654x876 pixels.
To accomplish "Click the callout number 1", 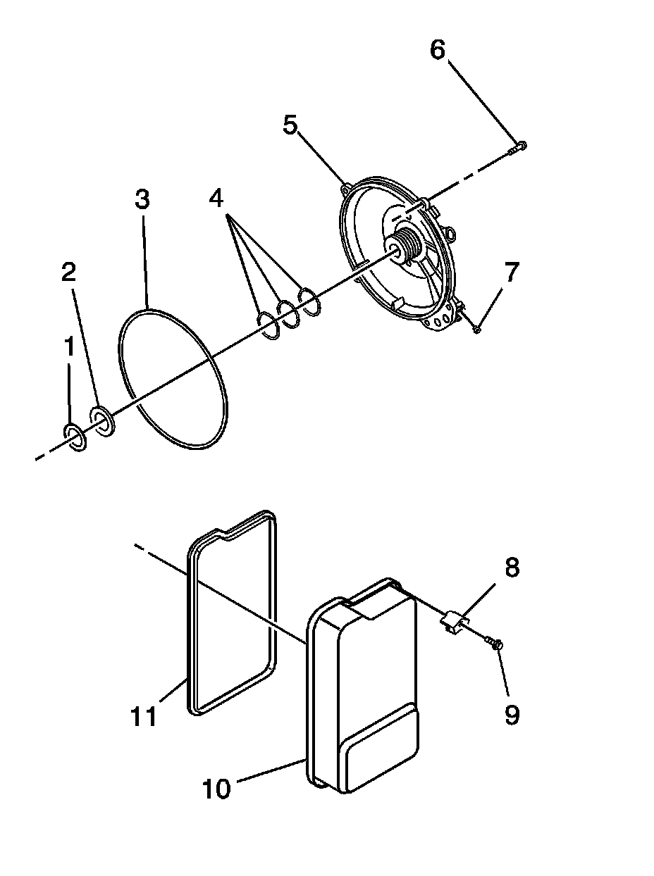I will (69, 348).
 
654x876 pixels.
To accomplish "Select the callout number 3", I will (142, 200).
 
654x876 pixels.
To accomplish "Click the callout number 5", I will (290, 125).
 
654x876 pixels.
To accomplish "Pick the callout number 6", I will (438, 51).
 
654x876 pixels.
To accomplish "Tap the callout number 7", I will (511, 272).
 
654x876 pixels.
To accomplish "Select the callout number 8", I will (512, 568).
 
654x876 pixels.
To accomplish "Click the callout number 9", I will (512, 715).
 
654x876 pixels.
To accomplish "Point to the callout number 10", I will (216, 789).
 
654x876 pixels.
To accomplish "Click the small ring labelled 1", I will (75, 439).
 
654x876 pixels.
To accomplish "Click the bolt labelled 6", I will (519, 147).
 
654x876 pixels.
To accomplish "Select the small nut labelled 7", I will (477, 328).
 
